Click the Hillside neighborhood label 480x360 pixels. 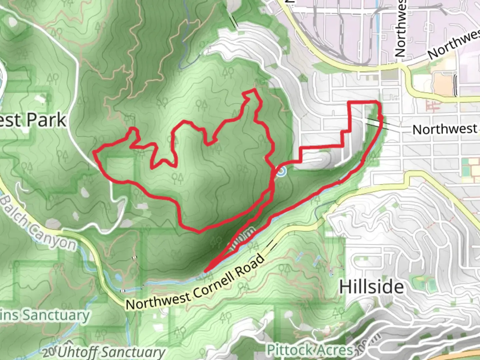(x=371, y=287)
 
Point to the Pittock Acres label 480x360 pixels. (x=310, y=350)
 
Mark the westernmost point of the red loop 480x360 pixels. (x=94, y=153)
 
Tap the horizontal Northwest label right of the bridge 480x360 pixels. (x=445, y=129)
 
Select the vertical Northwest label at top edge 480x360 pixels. (x=400, y=28)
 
